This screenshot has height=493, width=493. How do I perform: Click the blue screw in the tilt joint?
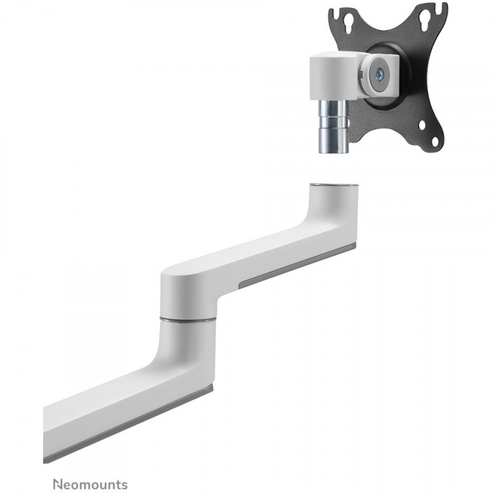coord(380,75)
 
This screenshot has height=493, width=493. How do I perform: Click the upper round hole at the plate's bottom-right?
coord(422,125)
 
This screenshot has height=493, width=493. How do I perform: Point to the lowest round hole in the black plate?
coord(435,142)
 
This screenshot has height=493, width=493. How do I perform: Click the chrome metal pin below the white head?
coord(333,126)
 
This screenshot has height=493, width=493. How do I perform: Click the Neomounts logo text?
coord(90,484)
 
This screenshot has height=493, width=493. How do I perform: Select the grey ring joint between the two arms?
coord(188,319)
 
